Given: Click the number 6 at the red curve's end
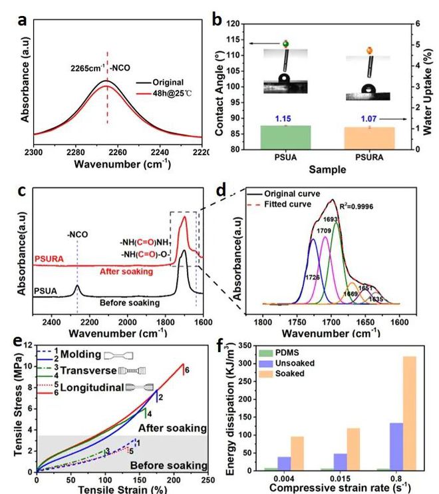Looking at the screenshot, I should (x=188, y=370).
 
